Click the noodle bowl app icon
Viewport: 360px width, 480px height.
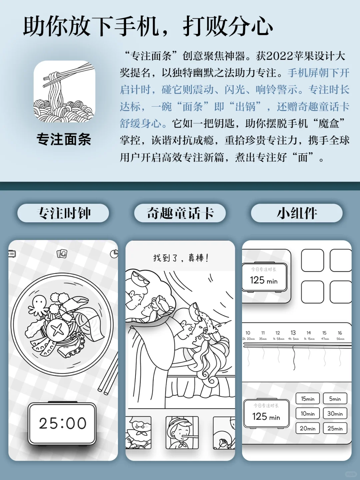[x=64, y=91]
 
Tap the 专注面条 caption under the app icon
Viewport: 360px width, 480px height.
[x=64, y=139]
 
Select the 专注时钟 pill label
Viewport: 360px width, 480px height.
[x=63, y=213]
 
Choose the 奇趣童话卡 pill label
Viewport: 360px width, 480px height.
[x=180, y=213]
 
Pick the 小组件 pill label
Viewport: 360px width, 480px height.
[x=297, y=213]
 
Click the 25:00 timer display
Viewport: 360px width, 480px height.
[x=62, y=423]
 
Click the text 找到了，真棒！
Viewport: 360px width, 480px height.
[x=181, y=258]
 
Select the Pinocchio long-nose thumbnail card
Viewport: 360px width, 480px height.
[x=182, y=432]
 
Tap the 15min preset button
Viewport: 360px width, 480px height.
[x=307, y=399]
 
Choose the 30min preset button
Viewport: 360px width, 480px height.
[x=335, y=414]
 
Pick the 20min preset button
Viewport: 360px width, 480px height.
[x=307, y=428]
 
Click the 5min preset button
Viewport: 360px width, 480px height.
[x=335, y=399]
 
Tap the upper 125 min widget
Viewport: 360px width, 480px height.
[x=264, y=277]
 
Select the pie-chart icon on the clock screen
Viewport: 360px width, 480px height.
[x=114, y=254]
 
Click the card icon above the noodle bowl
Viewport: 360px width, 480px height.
[x=62, y=254]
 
